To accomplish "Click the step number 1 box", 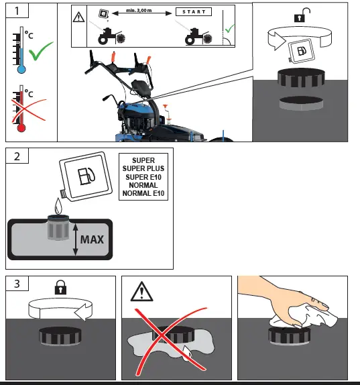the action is [17, 11].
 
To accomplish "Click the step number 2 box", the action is [17, 156].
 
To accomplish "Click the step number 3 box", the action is [17, 283].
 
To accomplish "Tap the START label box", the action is [194, 12].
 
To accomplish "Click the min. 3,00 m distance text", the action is [139, 10].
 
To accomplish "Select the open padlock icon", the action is [302, 15].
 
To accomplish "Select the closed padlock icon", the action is [60, 287].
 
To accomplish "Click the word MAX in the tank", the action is [92, 239].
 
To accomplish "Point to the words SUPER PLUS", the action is [143, 168].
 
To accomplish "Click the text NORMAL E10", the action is [143, 193].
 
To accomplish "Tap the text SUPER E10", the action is [143, 177].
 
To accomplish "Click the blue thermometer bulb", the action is [21, 70].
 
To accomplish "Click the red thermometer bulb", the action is [21, 128].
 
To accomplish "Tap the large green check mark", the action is [40, 51].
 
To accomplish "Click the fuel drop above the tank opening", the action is [58, 206].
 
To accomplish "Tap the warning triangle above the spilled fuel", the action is [141, 292].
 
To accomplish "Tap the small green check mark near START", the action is [229, 28].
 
